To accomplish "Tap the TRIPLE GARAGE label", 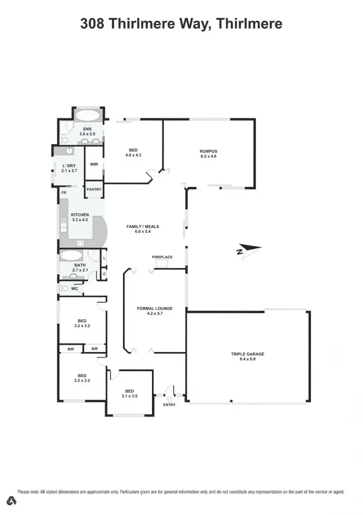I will (247, 354).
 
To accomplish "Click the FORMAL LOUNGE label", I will (155, 308).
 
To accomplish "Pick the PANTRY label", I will (94, 189).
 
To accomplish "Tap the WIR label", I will (94, 164).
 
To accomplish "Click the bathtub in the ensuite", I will (87, 116).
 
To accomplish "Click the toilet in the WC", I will (63, 288).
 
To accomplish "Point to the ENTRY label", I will (169, 405).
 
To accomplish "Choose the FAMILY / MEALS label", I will (143, 227).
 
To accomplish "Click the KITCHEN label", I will (80, 214).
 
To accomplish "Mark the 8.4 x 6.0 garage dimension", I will (247, 359).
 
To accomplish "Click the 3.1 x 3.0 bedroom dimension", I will (129, 396).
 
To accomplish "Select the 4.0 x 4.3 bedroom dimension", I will (133, 155).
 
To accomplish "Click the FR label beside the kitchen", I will (63, 193).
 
